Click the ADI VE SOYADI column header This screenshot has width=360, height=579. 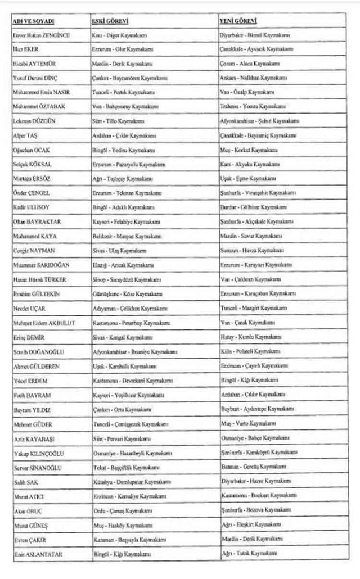pyautogui.click(x=33, y=21)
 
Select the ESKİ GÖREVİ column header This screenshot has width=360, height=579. pyautogui.click(x=110, y=21)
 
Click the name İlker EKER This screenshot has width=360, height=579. pyautogui.click(x=25, y=49)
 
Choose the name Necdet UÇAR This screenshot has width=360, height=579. pyautogui.click(x=28, y=308)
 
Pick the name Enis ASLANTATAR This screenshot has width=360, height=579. pyautogui.click(x=37, y=554)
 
